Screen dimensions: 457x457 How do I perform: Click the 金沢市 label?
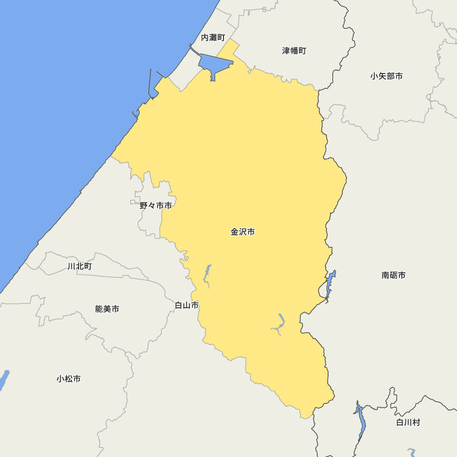[243, 232]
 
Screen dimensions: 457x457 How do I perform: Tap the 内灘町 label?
[213, 38]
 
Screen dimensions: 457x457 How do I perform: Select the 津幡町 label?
[294, 51]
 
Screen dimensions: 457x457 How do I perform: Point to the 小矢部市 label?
[387, 76]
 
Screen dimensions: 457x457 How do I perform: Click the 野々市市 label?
[156, 206]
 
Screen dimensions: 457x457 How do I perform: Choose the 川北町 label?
[80, 266]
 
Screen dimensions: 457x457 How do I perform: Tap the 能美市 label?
[107, 309]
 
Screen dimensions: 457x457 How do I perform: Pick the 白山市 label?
[187, 305]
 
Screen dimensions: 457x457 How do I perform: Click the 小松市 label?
[69, 379]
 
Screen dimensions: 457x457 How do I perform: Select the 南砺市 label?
[393, 275]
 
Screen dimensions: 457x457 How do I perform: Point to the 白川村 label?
[408, 422]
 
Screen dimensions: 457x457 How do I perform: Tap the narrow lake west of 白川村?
[361, 420]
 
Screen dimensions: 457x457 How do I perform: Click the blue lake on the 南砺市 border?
[330, 282]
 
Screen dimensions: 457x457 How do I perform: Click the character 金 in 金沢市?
[234, 232]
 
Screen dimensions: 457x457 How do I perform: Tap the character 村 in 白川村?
[416, 422]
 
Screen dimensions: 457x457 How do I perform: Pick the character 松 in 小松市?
[69, 379]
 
